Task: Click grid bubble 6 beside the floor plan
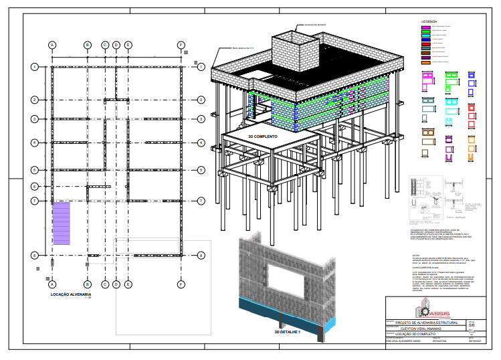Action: click(x=34, y=186)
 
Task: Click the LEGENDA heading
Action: click(x=429, y=22)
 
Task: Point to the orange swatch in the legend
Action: click(x=425, y=62)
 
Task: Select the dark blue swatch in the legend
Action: click(x=425, y=41)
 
